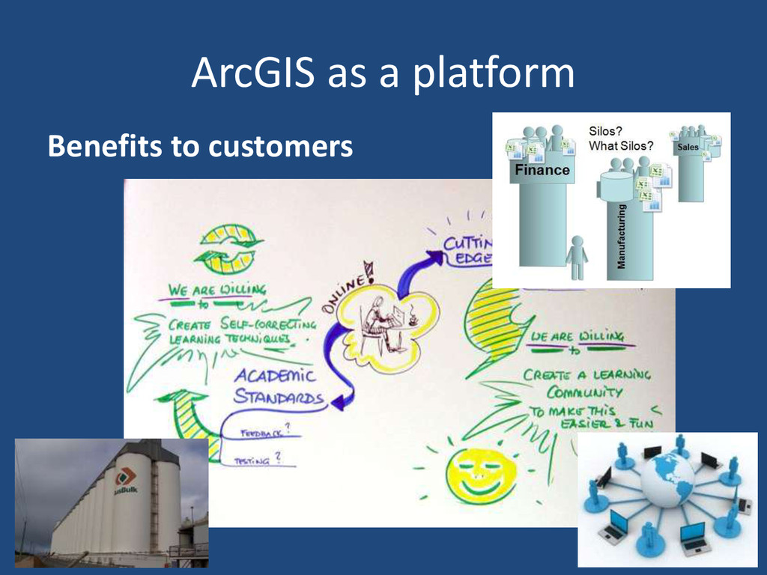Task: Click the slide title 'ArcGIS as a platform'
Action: [383, 73]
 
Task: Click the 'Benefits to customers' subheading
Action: [200, 147]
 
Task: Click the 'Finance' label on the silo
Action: [542, 170]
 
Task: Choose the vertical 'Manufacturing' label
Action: [621, 237]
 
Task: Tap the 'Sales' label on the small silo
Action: [688, 147]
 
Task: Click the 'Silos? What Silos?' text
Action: [621, 138]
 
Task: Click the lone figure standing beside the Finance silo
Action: [577, 257]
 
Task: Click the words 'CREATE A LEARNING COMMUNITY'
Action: [586, 382]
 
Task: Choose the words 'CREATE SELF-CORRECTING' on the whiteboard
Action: [241, 325]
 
